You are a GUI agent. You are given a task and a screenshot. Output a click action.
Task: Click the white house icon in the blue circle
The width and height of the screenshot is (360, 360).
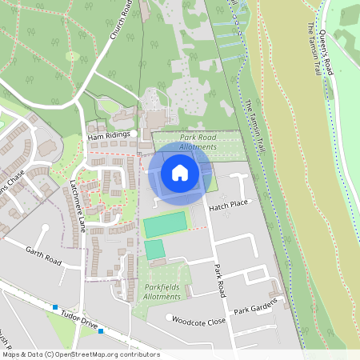coord(179,172)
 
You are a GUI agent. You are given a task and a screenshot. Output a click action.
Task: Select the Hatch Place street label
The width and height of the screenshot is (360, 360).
coord(230,206)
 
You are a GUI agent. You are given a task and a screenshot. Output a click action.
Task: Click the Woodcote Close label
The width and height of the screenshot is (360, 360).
coord(199,318)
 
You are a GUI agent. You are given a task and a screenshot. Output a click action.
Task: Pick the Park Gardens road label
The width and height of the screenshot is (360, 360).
coord(255,306)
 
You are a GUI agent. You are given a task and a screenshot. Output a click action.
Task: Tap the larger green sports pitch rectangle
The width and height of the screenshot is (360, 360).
coord(164,225)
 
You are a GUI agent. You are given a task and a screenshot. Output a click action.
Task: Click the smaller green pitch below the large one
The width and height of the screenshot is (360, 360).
coord(154,250)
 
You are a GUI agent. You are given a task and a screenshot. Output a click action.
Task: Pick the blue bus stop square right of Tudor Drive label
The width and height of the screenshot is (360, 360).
coord(102,331)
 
